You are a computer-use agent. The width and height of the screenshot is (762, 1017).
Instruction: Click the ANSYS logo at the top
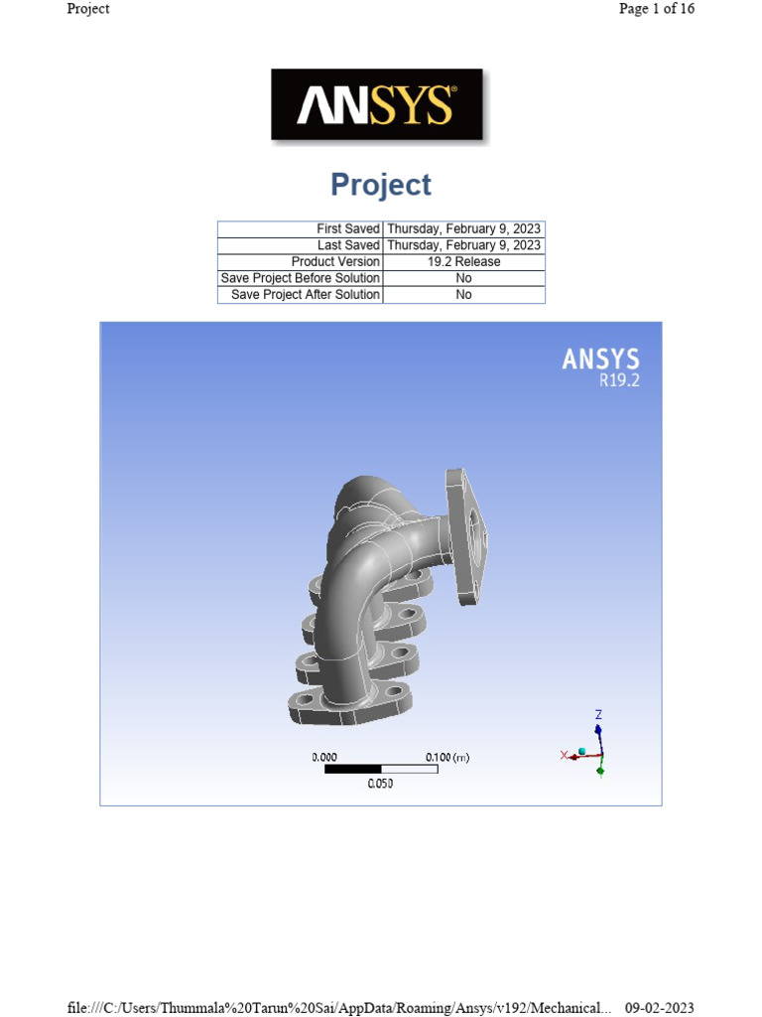coord(377,104)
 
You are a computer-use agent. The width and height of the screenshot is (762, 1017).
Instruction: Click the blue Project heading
coord(381,185)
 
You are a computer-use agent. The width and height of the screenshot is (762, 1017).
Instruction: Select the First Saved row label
coord(348,229)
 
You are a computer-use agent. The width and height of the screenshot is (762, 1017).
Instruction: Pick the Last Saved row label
coord(348,245)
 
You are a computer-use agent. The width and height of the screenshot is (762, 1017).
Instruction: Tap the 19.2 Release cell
coord(463,262)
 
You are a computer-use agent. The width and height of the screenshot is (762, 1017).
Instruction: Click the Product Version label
coord(335,262)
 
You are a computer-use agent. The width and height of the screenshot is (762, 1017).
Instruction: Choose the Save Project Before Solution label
coord(300,278)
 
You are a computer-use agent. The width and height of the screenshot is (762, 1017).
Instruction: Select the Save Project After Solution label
coord(306,295)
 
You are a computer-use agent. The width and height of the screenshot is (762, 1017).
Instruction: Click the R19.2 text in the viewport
coord(619,379)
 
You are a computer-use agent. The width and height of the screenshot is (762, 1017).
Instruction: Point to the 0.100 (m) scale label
coord(447,758)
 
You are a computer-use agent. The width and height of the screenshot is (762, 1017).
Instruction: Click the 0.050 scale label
coord(381,784)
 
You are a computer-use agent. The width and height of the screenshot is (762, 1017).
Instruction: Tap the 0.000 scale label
coord(324,758)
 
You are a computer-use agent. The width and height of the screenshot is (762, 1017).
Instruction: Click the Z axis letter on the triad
coord(598,714)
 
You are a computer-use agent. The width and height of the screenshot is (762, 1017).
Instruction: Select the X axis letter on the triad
coord(564,756)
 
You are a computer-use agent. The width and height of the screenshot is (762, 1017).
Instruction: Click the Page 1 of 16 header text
coord(656,9)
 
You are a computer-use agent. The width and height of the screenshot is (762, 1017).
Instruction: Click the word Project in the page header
coord(88,9)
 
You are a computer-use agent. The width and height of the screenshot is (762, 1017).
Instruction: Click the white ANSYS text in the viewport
coord(601,360)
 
